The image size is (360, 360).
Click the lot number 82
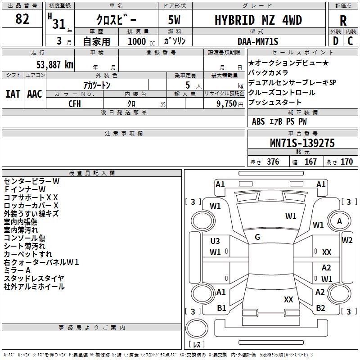pyautogui.click(x=22, y=19)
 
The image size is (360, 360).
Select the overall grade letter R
pyautogui.click(x=343, y=20)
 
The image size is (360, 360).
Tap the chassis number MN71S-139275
pyautogui.click(x=302, y=143)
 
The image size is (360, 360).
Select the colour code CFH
pyautogui.click(x=75, y=103)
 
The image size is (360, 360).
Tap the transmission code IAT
pyautogui.click(x=13, y=94)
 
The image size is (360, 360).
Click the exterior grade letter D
pyautogui.click(x=335, y=41)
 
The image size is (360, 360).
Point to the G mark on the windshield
pyautogui.click(x=257, y=237)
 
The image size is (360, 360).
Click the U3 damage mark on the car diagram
pyautogui.click(x=215, y=241)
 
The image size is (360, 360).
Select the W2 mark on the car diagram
pyautogui.click(x=347, y=240)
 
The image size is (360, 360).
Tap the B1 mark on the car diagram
pyautogui.click(x=221, y=308)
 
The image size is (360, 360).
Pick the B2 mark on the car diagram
pyautogui.click(x=320, y=308)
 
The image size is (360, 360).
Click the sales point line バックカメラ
pyautogui.click(x=268, y=72)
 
